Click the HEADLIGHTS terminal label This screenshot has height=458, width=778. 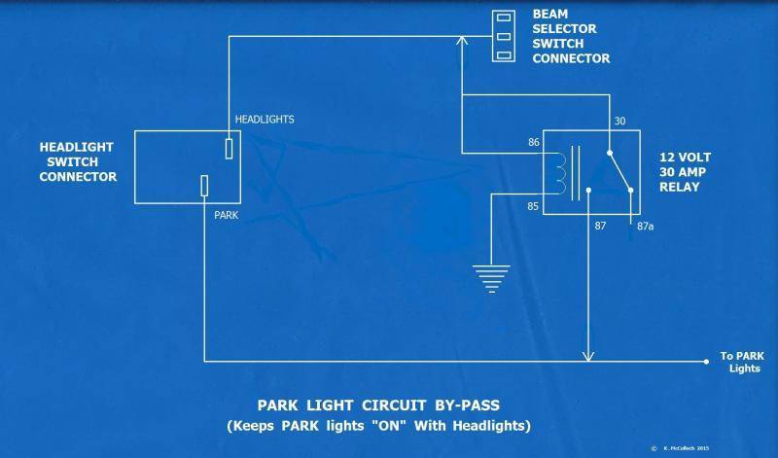265,120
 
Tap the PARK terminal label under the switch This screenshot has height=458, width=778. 227,213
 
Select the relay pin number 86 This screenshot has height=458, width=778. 533,143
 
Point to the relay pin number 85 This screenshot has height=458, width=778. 533,205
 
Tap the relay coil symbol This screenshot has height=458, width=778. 558,173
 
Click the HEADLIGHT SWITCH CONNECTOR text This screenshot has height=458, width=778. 78,161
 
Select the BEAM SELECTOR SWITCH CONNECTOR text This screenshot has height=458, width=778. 571,37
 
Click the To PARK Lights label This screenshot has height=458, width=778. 741,362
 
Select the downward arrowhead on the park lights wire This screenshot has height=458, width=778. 587,355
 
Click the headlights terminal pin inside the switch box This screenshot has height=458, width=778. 229,148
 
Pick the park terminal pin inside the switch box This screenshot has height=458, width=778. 205,186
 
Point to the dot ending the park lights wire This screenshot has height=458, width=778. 705,361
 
